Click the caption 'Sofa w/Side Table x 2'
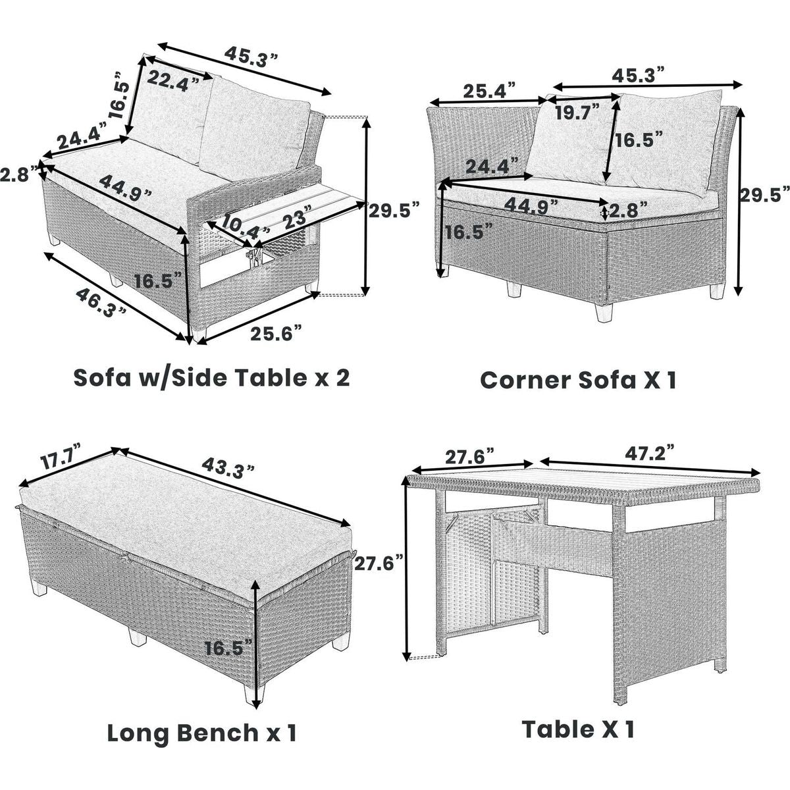211,378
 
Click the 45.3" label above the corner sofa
638,75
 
